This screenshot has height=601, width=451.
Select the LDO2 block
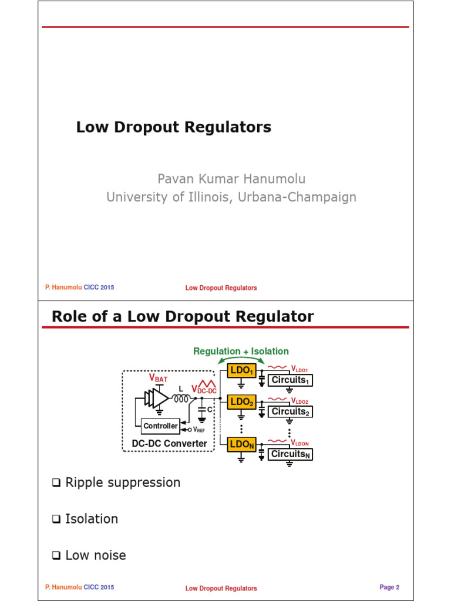click(x=241, y=402)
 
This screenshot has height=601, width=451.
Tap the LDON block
click(x=241, y=444)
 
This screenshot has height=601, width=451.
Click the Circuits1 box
click(x=290, y=380)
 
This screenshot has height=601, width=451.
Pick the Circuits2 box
click(x=290, y=411)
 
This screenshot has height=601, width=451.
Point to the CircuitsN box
click(x=290, y=454)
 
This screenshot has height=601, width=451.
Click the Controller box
click(x=160, y=426)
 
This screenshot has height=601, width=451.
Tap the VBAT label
click(x=158, y=379)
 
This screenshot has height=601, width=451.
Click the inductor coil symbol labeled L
click(x=180, y=399)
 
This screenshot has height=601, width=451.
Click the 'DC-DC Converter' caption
click(x=169, y=443)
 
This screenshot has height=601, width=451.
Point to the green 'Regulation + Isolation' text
click(x=241, y=351)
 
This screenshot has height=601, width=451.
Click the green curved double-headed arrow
click(x=241, y=359)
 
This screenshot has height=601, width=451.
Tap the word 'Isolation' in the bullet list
click(x=92, y=519)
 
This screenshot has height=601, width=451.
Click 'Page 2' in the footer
click(x=389, y=587)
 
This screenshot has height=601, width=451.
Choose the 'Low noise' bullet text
click(x=95, y=555)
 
